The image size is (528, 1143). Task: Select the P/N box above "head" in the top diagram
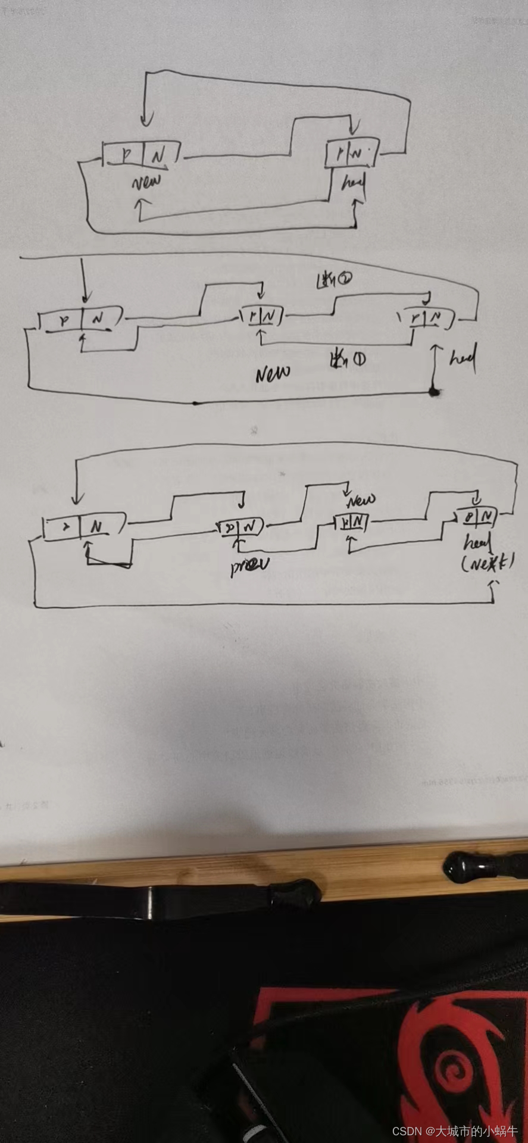click(352, 154)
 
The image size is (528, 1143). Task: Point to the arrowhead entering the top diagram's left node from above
click(145, 121)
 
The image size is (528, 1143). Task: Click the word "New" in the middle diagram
click(273, 373)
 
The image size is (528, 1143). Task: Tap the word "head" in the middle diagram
click(463, 359)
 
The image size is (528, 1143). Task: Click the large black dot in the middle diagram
click(435, 391)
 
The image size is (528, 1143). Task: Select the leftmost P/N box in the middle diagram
click(80, 319)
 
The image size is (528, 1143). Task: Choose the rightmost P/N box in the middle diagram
click(427, 318)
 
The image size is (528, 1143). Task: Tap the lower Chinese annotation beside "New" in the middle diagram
click(348, 359)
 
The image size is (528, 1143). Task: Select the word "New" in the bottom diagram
click(361, 499)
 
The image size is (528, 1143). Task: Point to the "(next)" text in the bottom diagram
click(488, 563)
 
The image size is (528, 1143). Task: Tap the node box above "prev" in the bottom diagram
click(240, 527)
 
